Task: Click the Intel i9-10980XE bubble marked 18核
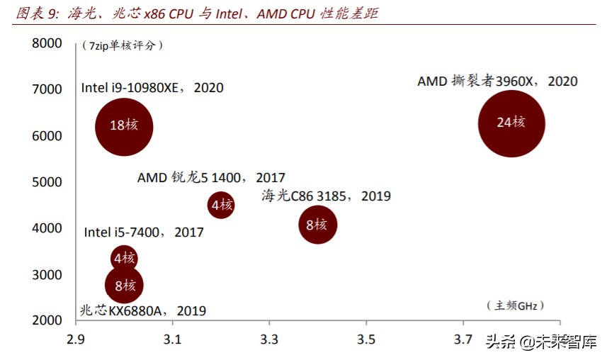pos(124,126)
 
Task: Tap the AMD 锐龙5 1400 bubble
pos(221,206)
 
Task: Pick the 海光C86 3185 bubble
pos(317,225)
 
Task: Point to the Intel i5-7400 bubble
pos(124,257)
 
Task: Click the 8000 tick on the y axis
pos(47,43)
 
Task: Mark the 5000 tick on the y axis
pos(47,182)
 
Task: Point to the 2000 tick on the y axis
pos(47,320)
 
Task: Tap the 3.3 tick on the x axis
pos(268,338)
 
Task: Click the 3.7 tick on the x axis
pos(463,338)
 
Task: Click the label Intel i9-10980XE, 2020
pos(152,88)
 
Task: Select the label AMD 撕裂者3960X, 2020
pos(497,81)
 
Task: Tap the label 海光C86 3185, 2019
pos(326,196)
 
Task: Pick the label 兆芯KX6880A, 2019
pos(142,310)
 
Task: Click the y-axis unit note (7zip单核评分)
pos(123,45)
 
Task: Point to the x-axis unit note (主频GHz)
pos(513,305)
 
